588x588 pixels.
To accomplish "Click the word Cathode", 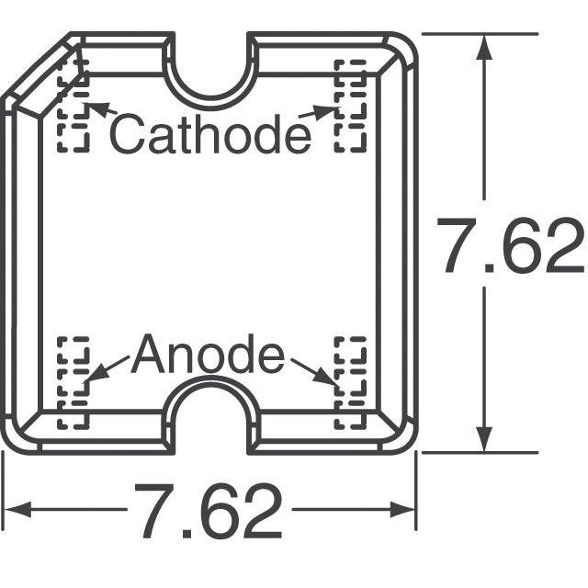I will click(210, 133).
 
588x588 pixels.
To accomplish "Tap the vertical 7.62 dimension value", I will click(511, 247).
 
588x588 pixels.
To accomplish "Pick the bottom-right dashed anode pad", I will click(349, 381).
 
